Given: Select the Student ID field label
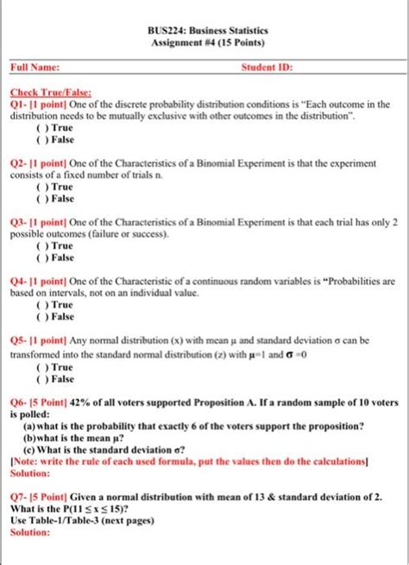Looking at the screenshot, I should point(267,66).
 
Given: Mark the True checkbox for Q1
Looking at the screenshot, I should point(40,128).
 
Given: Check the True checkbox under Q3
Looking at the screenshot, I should point(40,245).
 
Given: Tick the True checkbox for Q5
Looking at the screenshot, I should point(40,367).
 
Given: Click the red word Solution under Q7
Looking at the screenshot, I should point(29,533).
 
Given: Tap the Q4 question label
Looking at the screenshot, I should point(18,282).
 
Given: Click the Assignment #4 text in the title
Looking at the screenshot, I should point(186,41).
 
